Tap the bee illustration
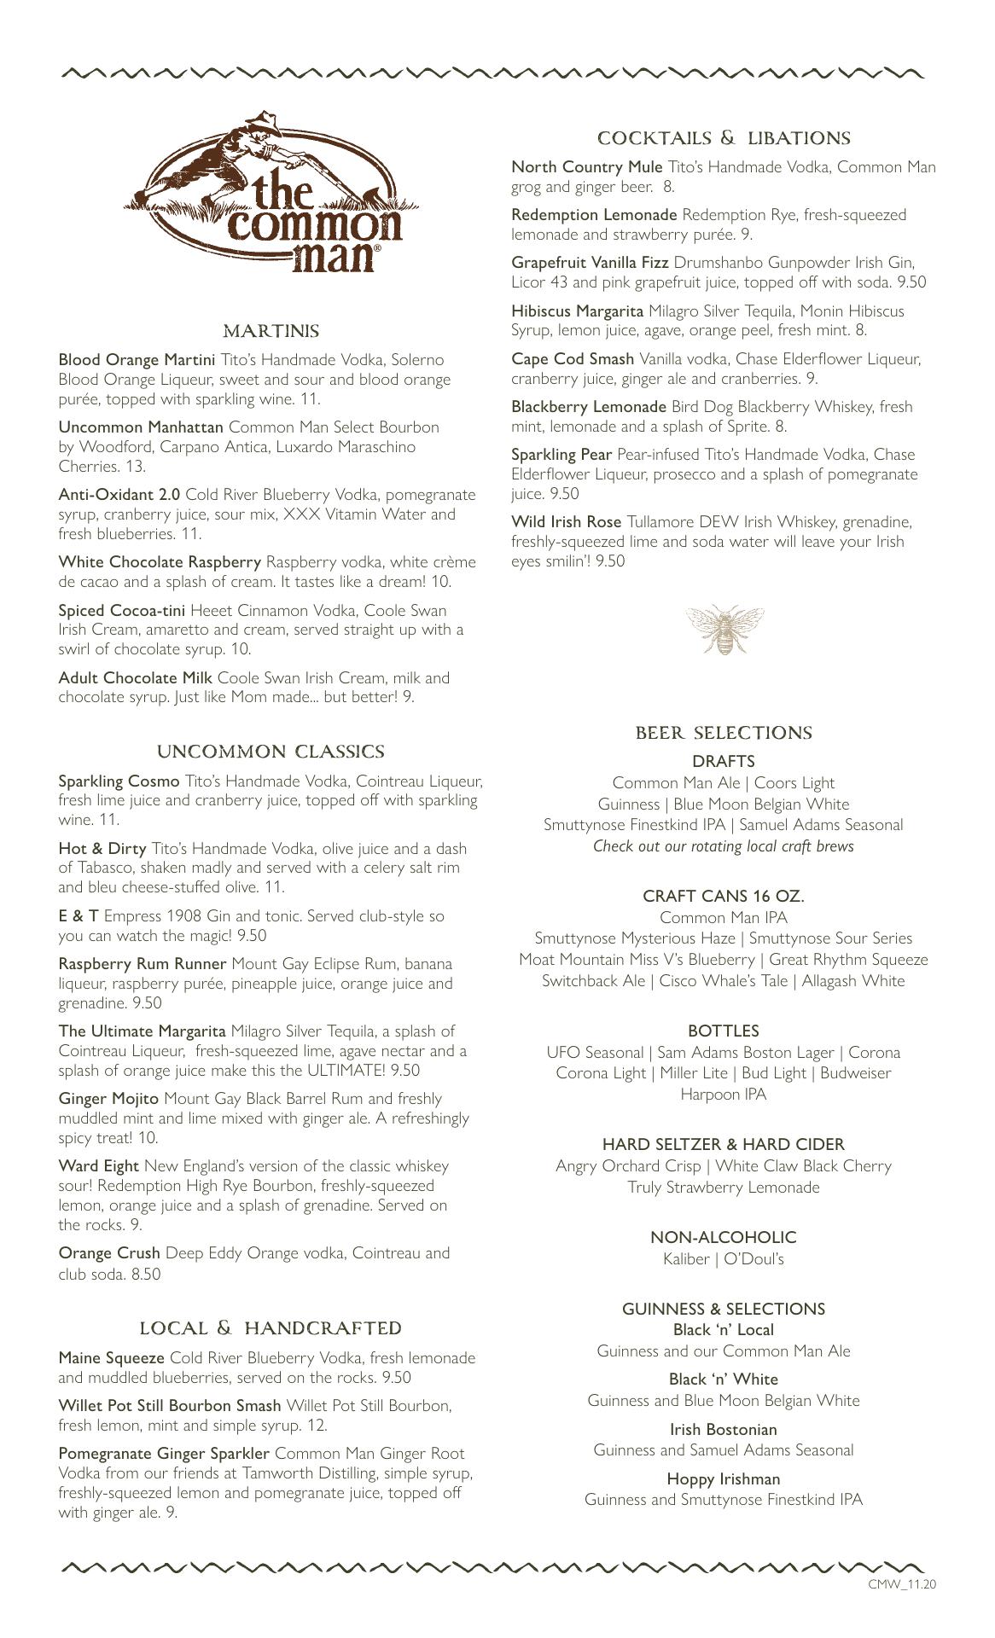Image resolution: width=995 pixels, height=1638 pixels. click(724, 629)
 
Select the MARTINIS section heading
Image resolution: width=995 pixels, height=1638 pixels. click(271, 331)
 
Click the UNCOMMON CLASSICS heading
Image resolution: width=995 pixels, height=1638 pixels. click(271, 752)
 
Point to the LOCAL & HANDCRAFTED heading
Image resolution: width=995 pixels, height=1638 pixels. click(271, 1328)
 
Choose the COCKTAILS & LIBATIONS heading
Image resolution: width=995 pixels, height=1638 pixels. click(724, 138)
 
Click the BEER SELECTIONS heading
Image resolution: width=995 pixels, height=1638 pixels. click(724, 733)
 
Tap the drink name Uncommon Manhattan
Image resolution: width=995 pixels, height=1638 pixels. click(141, 427)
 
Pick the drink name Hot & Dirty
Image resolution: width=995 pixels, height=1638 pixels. click(102, 849)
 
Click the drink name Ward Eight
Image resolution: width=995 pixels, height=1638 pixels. click(99, 1166)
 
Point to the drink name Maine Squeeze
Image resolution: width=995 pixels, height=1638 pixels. click(111, 1357)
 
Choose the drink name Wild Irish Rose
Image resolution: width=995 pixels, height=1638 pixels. click(567, 522)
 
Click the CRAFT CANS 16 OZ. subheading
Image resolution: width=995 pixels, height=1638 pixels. click(724, 897)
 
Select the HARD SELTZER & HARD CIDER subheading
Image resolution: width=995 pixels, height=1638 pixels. click(724, 1145)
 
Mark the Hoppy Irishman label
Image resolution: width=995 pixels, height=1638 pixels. click(724, 1478)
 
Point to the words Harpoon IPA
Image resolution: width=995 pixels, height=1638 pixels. click(724, 1095)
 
